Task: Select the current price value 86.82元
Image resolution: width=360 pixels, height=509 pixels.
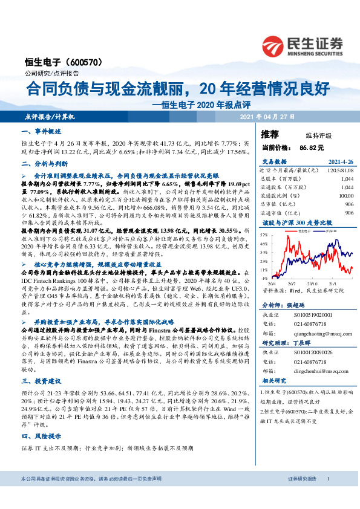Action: click(311, 147)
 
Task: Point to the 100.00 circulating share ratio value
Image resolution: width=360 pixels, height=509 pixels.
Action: click(345, 196)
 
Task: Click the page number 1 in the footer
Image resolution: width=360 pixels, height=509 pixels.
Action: click(328, 496)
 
